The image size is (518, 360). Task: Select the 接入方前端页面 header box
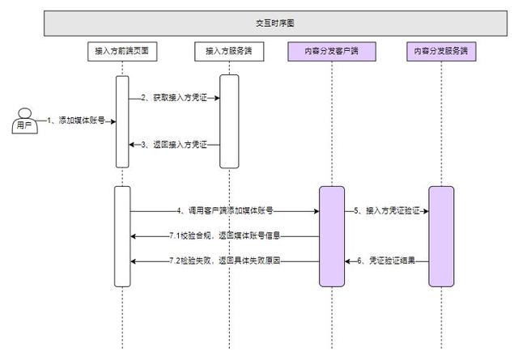122,52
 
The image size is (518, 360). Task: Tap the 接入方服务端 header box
230,52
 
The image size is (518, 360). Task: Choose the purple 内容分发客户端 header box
332,52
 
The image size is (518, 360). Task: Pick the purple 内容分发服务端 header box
441,52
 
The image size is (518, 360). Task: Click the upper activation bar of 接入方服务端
230,121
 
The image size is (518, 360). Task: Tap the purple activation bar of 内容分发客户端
332,235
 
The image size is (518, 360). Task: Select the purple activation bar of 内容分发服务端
441,235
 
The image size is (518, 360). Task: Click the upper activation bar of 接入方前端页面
122,121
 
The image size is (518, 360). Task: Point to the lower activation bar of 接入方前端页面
122,235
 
